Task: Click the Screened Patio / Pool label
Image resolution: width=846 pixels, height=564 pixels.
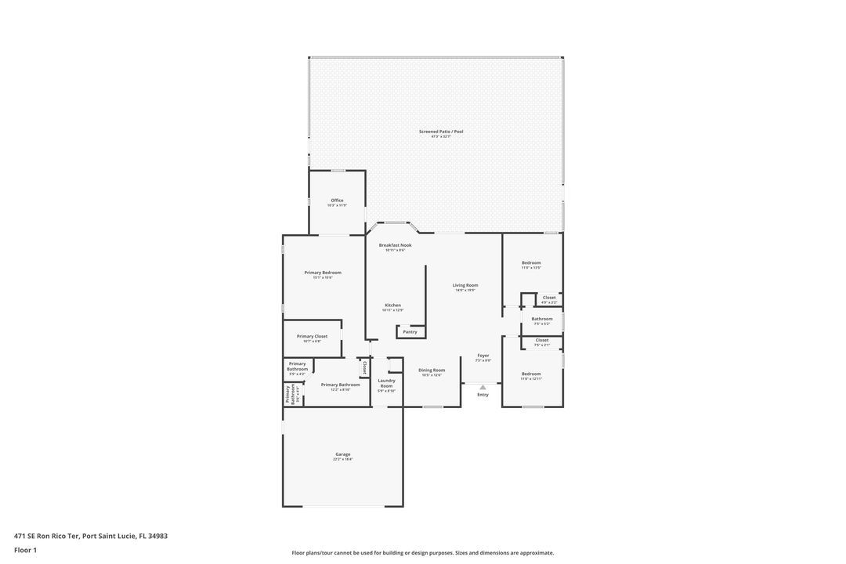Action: click(440, 132)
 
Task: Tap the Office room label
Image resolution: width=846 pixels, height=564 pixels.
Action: click(337, 201)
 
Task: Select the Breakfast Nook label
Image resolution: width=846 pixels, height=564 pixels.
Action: click(395, 245)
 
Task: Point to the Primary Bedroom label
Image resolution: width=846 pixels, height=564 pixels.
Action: click(323, 273)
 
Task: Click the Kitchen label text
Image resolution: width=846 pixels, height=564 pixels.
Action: click(392, 305)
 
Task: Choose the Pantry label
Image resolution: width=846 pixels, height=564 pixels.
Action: click(410, 332)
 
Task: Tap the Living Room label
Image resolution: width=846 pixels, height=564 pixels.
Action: click(465, 285)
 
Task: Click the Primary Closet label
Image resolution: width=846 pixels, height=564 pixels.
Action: click(312, 337)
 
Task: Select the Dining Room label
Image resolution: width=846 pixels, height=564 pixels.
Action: click(432, 370)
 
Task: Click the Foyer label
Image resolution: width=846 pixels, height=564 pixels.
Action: click(483, 356)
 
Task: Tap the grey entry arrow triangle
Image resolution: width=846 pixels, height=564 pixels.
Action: click(483, 387)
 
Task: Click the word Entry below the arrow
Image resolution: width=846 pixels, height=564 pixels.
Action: click(483, 395)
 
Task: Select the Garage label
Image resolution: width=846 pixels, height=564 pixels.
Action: click(342, 454)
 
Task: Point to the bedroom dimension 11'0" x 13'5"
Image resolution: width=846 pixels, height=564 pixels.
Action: click(531, 268)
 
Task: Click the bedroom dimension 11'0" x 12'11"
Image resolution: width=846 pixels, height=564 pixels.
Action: click(531, 379)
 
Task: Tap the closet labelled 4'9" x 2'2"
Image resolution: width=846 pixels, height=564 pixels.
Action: click(549, 302)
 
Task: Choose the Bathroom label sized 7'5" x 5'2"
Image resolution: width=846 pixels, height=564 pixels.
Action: click(542, 319)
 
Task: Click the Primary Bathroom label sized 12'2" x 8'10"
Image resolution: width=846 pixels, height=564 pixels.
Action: click(341, 385)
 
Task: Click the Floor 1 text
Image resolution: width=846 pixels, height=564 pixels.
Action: click(25, 550)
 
